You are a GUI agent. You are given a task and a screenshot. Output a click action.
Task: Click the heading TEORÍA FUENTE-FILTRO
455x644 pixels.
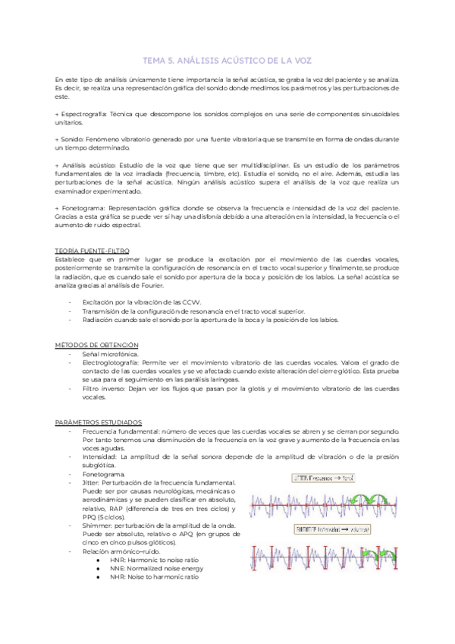[93, 250]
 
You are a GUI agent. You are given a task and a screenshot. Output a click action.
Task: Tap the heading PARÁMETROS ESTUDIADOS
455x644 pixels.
[99, 421]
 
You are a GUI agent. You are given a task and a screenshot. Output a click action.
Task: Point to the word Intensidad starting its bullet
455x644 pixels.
[100, 456]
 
